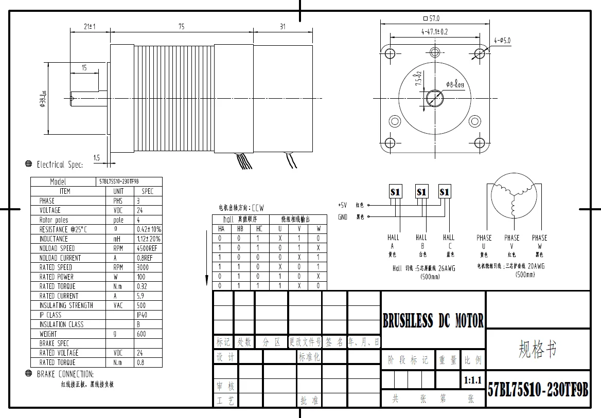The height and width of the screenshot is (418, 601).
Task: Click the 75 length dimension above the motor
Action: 181,27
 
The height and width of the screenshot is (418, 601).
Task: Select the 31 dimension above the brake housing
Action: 282,27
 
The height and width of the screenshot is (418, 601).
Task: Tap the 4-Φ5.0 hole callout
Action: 502,41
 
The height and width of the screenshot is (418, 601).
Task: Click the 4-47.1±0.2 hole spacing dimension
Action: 434,32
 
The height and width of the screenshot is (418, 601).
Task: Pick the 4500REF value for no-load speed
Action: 148,248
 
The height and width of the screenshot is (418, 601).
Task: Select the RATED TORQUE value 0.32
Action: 142,286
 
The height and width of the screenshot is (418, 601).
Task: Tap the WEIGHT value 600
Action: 141,334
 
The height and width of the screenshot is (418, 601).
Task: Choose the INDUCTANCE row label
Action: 54,239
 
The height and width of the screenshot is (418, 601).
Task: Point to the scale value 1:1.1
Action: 472,381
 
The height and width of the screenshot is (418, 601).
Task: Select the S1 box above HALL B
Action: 421,192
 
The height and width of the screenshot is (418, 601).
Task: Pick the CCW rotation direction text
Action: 257,208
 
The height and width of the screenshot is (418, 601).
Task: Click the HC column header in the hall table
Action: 259,229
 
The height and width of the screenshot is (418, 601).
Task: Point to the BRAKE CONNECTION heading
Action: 65,374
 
